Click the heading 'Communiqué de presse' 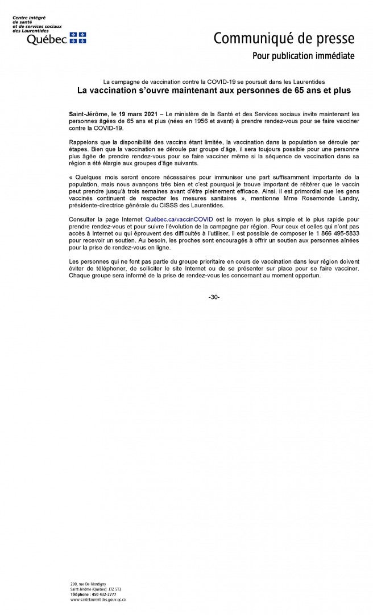pyautogui.click(x=284, y=39)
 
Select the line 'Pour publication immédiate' pyautogui.click(x=303, y=56)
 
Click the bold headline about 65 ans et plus pyautogui.click(x=214, y=90)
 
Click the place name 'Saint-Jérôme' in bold pyautogui.click(x=86, y=115)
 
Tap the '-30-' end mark pyautogui.click(x=214, y=297)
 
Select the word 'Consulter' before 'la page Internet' pyautogui.click(x=83, y=218)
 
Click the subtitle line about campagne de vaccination pyautogui.click(x=214, y=81)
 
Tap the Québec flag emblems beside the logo pyautogui.click(x=78, y=38)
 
